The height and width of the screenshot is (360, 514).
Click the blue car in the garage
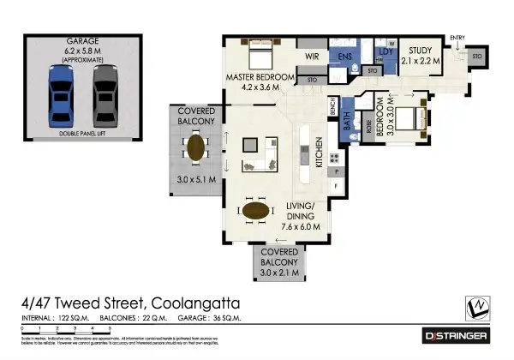60,96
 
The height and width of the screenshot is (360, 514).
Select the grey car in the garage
105,96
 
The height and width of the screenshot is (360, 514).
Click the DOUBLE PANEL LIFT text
83,135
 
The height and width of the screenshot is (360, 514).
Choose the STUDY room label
421,51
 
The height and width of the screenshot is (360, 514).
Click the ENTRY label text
457,37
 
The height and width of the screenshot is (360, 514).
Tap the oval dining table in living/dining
258,210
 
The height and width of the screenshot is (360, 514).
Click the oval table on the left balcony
197,147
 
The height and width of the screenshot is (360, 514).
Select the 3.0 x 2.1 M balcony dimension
279,273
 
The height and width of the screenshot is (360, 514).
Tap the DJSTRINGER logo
457,335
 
